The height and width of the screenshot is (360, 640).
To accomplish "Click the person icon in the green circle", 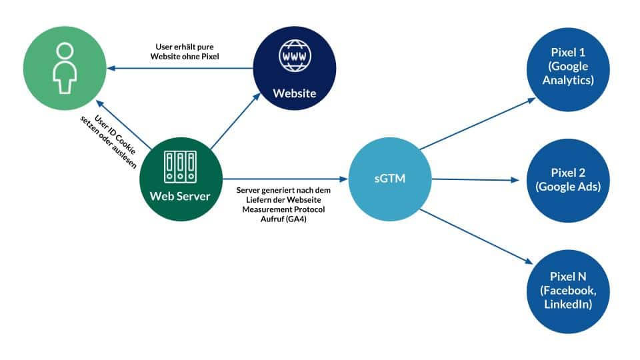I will click(64, 69).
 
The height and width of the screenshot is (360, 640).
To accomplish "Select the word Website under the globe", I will click(294, 93).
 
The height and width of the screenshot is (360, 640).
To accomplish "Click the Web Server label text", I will click(180, 197).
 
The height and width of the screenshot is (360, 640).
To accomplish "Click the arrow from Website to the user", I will click(180, 67).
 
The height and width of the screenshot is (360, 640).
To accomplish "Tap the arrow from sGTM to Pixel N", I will click(477, 237).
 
